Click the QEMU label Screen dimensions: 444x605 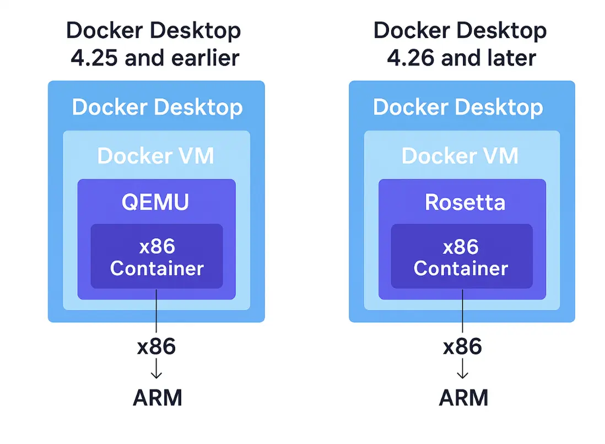click(155, 203)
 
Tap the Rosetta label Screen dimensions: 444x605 click(464, 203)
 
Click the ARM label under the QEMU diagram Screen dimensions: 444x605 click(157, 398)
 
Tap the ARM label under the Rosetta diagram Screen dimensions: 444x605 click(463, 398)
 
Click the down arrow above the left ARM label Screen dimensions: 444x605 click(156, 369)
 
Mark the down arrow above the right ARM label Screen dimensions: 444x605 click(462, 369)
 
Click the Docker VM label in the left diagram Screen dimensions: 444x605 click(155, 156)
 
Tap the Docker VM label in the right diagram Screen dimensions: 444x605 click(460, 156)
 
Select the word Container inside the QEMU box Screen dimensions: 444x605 click(157, 268)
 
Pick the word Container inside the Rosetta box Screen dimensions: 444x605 click(461, 268)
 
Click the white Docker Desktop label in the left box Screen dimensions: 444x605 click(157, 107)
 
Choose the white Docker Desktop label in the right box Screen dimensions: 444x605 click(458, 107)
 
